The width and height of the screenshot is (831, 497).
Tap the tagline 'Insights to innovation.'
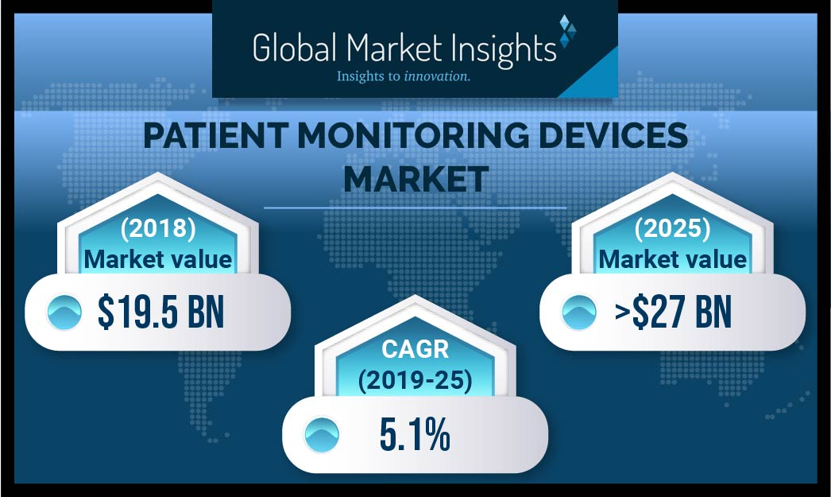coord(404,77)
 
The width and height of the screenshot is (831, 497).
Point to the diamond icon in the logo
coord(567,32)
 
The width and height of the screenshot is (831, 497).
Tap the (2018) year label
coord(158,229)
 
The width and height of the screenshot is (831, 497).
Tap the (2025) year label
coord(673,229)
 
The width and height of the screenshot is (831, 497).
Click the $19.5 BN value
coord(161,312)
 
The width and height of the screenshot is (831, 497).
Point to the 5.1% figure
coord(415,437)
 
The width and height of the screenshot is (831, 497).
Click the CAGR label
coord(415,352)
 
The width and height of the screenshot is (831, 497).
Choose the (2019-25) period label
coord(415,381)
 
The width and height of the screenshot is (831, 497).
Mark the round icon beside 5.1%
coord(321,437)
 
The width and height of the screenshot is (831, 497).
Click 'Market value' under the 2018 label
coord(158,258)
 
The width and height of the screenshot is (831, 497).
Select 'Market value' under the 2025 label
coord(673,258)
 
